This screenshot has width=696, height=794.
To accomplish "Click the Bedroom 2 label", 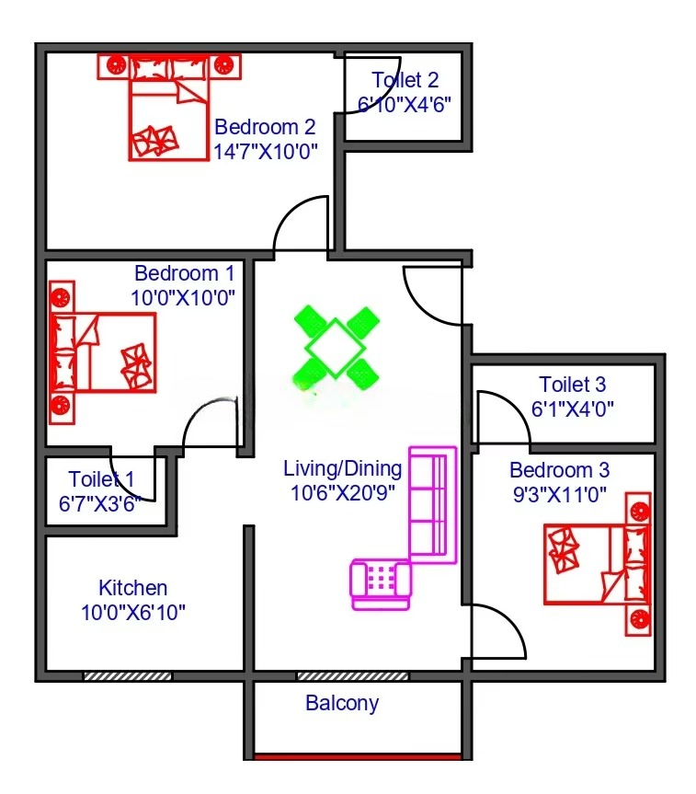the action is (265, 127).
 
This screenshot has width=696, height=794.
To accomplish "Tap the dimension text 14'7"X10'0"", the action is (265, 152).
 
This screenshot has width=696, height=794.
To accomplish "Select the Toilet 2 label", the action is (405, 80).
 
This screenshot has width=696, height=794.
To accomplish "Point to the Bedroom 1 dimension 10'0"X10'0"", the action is (183, 298).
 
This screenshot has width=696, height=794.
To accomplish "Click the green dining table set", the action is (337, 348).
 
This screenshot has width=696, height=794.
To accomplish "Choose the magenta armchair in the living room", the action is (381, 584).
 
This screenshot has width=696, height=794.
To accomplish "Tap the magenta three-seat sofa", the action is (433, 505).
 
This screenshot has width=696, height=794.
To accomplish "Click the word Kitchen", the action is (133, 588).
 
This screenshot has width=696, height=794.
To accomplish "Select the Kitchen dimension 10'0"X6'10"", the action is (133, 613).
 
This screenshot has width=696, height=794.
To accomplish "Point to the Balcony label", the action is (342, 703).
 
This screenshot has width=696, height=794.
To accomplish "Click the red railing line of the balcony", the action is (358, 757).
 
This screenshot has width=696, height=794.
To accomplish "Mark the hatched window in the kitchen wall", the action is (128, 676).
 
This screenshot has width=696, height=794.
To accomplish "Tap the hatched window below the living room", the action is (352, 676).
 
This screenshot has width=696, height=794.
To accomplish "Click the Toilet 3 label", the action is (573, 385).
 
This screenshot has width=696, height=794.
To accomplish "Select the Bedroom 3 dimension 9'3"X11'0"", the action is (560, 494).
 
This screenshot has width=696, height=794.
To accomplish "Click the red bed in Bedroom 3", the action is (598, 564).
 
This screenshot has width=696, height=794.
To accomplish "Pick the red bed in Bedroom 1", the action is (102, 352).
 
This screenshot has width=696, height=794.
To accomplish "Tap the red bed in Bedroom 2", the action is (169, 108).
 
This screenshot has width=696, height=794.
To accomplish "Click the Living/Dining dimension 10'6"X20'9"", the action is (343, 493).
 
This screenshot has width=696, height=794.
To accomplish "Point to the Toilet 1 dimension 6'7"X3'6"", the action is (99, 504).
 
